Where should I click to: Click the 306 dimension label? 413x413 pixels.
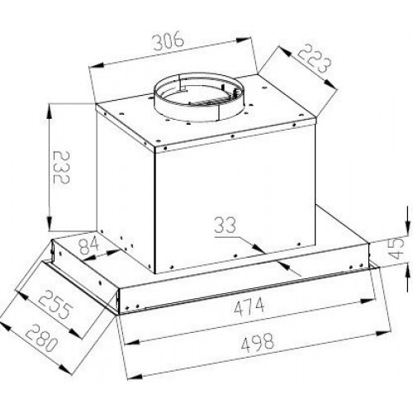tap(169, 41)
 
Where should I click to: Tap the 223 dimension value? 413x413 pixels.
tap(314, 60)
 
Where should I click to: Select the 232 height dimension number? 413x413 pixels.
tap(62, 167)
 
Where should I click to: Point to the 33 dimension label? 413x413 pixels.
tap(225, 225)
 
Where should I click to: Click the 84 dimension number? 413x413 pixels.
tap(88, 245)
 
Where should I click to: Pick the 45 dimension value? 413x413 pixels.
tap(397, 249)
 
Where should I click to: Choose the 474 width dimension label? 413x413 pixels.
tap(249, 306)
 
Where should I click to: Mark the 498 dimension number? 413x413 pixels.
tap(258, 341)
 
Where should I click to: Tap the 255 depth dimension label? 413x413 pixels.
tap(53, 304)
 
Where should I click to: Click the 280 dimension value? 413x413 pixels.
tap(41, 338)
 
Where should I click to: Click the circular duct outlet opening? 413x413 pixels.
tap(199, 97)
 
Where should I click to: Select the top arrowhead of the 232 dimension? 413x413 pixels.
tap(50, 112)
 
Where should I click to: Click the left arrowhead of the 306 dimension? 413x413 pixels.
tap(97, 65)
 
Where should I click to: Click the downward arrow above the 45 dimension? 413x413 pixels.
tap(407, 222)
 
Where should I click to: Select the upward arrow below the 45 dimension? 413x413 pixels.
tap(407, 278)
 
